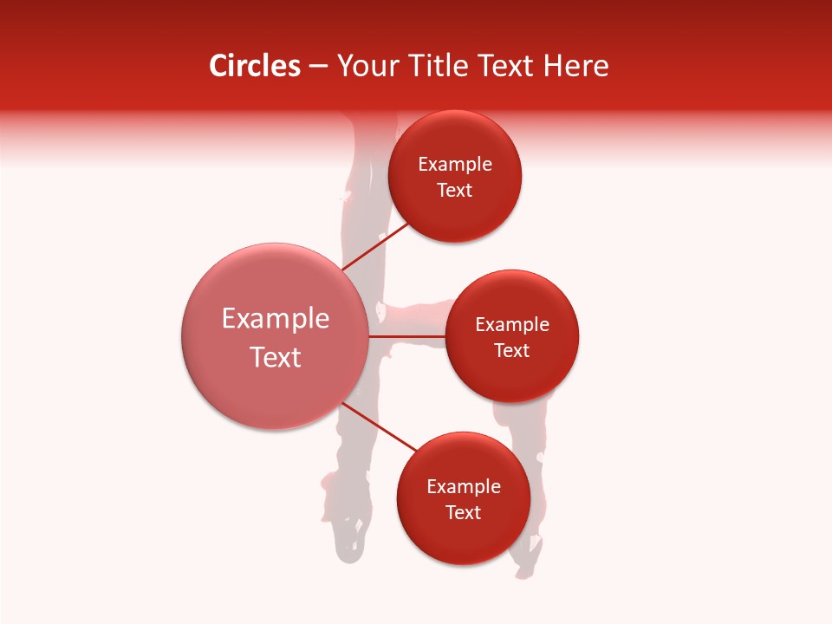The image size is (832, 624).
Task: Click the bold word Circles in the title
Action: pos(254,66)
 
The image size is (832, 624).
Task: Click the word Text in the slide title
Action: pos(506,66)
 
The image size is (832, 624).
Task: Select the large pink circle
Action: pos(275,390)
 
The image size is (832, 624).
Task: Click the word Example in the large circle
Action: pos(276,318)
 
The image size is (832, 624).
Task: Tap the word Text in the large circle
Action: pos(276,357)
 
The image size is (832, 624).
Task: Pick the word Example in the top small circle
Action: pos(455,164)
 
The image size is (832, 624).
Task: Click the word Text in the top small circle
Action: pos(455,190)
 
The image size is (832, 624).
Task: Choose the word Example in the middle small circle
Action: pos(512,324)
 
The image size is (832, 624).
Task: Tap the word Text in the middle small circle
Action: pos(512,350)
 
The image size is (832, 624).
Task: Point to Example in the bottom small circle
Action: pos(464,486)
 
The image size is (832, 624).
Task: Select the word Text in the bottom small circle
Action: pos(464,512)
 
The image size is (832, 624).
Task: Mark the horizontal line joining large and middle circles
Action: pos(407,336)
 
